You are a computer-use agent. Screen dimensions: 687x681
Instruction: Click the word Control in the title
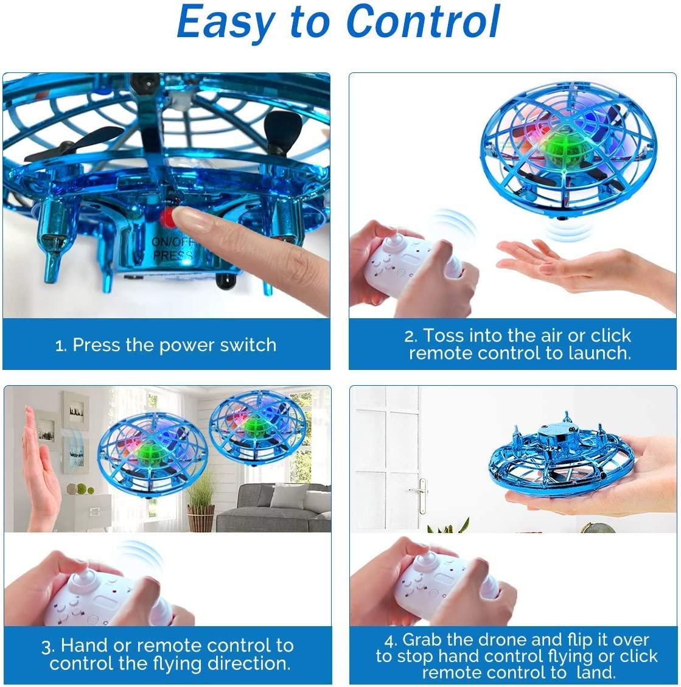click(423, 23)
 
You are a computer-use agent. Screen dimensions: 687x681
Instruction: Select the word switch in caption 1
click(248, 345)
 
